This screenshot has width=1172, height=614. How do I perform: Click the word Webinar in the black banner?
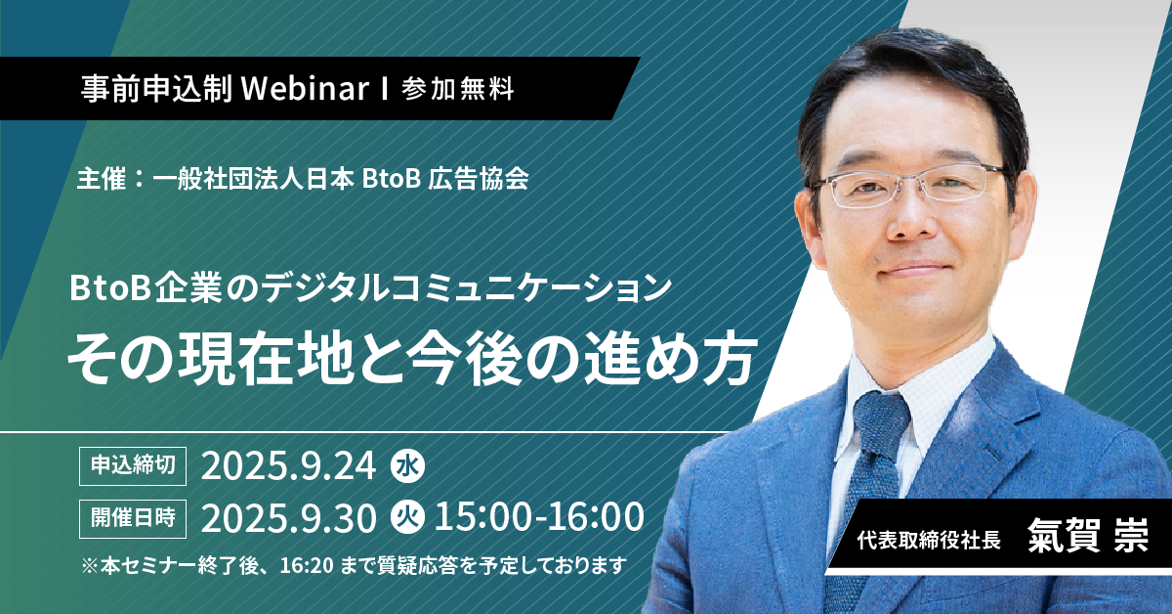[305, 89]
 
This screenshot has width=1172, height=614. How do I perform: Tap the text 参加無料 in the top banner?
[458, 90]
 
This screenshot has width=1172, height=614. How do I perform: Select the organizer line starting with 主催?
[303, 179]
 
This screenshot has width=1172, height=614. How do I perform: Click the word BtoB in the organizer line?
[392, 179]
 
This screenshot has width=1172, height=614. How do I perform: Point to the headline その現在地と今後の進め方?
[413, 360]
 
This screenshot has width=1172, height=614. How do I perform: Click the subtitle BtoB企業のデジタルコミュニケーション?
[370, 288]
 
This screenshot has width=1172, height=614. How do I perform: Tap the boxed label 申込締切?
[133, 465]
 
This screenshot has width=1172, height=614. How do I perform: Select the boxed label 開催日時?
[133, 518]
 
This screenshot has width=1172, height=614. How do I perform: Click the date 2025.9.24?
[288, 466]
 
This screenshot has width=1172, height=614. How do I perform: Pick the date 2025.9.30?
[288, 518]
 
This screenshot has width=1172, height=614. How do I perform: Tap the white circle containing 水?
[407, 466]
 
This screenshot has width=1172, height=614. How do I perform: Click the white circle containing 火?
[407, 518]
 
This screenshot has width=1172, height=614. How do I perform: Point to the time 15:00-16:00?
[539, 517]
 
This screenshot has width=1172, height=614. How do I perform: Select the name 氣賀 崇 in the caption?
[1088, 535]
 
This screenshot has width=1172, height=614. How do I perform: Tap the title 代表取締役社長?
[929, 540]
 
